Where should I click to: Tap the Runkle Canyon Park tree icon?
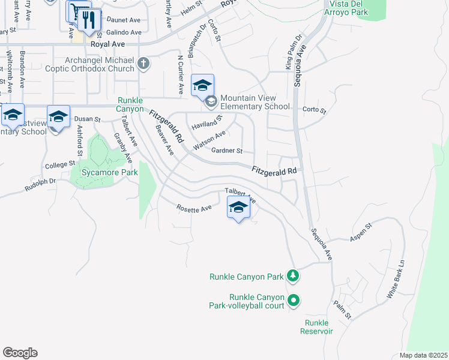294,277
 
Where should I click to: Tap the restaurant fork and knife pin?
89,20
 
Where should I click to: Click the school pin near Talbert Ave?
238,208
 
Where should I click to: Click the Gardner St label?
227,151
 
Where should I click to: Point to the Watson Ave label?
209,140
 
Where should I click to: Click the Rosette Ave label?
194,208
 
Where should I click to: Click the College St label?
59,164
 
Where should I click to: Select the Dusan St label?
88,119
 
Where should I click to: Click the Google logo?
20,353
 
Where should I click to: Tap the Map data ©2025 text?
423,355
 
